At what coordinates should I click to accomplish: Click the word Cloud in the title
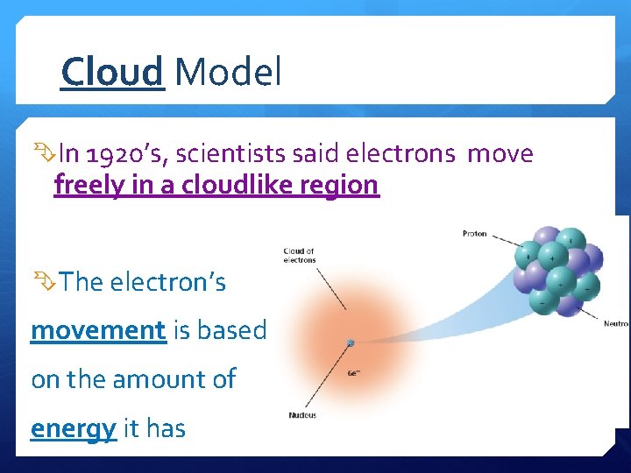coord(112,72)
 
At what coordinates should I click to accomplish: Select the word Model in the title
coord(228,72)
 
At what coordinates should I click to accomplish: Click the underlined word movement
coord(98,330)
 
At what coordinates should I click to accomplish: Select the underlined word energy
coord(74,428)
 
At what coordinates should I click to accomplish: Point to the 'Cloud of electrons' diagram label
coord(299,255)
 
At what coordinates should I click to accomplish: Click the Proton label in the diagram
coord(474,234)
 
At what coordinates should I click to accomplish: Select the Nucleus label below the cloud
coord(302,414)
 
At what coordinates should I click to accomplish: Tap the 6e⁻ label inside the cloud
coord(353,372)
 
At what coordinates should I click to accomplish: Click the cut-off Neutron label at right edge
coord(616,323)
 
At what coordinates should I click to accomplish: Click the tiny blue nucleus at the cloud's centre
coord(350,343)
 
